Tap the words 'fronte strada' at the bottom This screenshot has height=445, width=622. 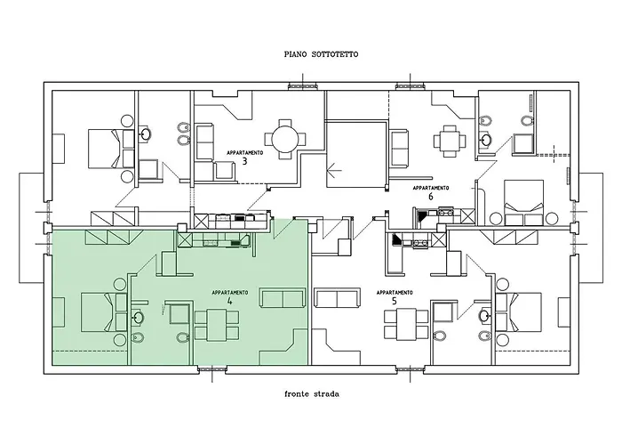coord(313,392)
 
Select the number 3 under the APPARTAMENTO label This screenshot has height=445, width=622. coord(243,161)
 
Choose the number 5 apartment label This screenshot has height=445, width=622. coord(394,302)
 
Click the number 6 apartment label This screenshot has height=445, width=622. coord(429,198)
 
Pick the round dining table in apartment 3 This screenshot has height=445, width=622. coord(285,140)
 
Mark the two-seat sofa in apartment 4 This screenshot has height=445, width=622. coord(282,299)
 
